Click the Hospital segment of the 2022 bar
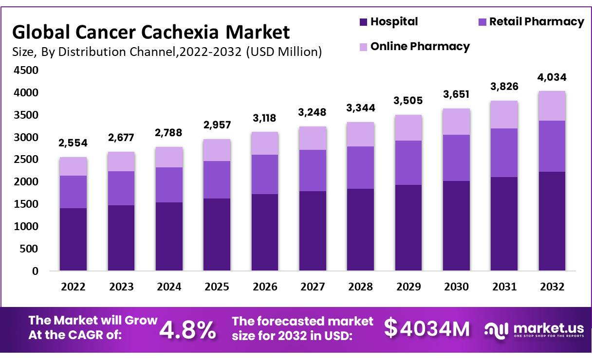(x=73, y=239)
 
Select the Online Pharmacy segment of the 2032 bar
(x=552, y=106)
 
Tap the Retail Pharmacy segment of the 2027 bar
(x=313, y=170)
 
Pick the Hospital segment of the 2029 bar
(x=408, y=227)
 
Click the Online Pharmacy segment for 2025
(x=217, y=150)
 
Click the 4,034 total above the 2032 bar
(x=552, y=77)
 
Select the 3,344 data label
(x=360, y=107)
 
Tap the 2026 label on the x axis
(x=264, y=287)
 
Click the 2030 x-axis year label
(x=456, y=287)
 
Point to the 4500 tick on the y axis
(x=28, y=71)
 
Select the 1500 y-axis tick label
(x=28, y=204)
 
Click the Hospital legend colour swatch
(x=363, y=22)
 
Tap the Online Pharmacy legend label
(x=420, y=46)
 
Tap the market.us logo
(x=533, y=329)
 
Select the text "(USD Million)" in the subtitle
(x=284, y=52)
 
